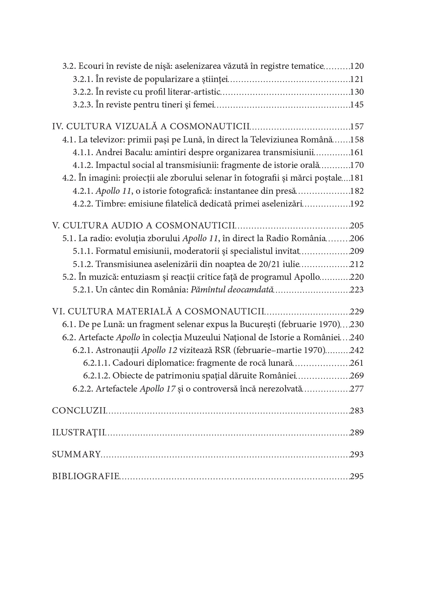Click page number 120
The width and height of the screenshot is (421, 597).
(x=356, y=66)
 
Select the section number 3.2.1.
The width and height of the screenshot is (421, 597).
(x=83, y=79)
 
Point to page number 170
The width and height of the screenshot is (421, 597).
(x=356, y=165)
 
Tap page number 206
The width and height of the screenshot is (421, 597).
(x=356, y=238)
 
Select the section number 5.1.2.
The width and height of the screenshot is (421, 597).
(x=83, y=264)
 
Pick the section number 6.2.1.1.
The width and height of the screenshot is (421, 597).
(x=97, y=363)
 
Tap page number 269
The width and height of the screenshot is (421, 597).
(x=356, y=376)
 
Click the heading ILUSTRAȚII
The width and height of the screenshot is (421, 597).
(x=78, y=433)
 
